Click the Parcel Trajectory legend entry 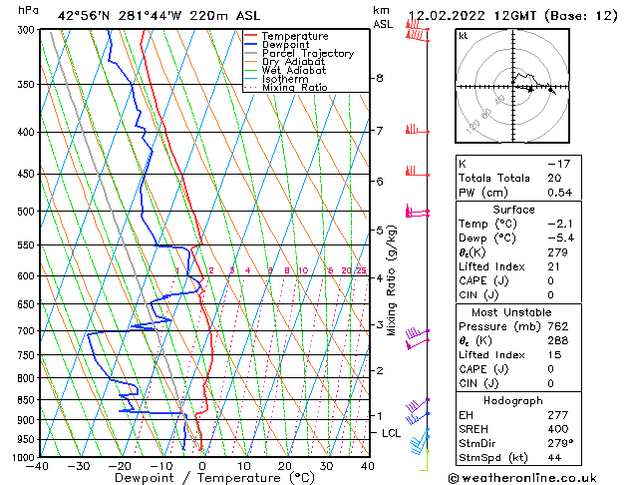tap(307, 53)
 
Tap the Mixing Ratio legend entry tap(294, 88)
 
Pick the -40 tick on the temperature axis tap(39, 466)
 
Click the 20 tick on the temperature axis tap(285, 466)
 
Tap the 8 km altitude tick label tap(380, 78)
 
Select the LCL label tap(391, 433)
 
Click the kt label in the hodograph tap(464, 35)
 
